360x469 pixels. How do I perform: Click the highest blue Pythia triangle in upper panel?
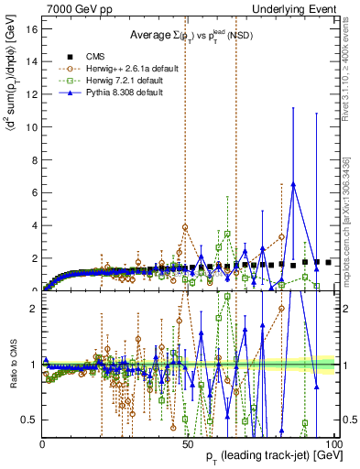[x=293, y=184]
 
